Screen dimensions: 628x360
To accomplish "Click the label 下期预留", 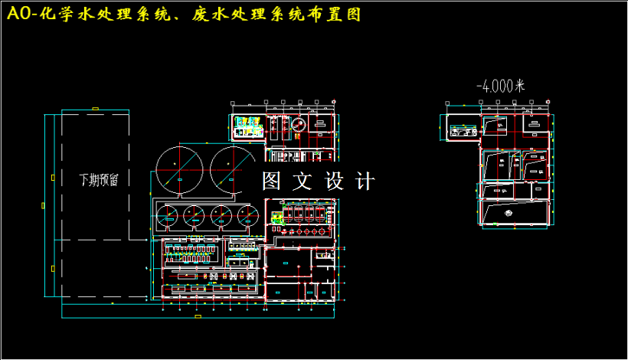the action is click(x=99, y=179).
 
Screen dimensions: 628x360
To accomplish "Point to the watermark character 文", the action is click(x=304, y=182).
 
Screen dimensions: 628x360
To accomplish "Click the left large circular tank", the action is click(x=179, y=168).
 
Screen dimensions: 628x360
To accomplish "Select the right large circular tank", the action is click(x=232, y=168).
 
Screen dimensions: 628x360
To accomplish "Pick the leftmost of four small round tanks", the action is click(x=169, y=217).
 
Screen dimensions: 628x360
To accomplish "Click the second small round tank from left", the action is click(x=195, y=217).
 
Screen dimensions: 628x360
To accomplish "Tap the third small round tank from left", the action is click(x=222, y=217).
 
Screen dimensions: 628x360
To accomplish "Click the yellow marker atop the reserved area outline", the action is click(x=95, y=109).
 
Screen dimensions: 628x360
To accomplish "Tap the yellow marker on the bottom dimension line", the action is click(x=198, y=316).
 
